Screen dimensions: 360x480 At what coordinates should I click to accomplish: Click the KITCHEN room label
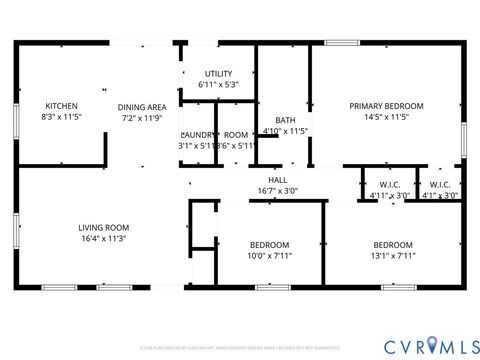pos(61,105)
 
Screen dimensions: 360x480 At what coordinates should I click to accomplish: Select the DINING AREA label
pos(143,106)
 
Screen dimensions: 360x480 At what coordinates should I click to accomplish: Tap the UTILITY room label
pos(218,73)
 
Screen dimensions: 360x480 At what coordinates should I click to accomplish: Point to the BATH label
pos(285,120)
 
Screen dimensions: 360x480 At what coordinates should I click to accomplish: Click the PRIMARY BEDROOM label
pos(386,105)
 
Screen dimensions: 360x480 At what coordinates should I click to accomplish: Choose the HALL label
pos(277,180)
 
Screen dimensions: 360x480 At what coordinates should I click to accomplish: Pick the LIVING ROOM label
pos(105,227)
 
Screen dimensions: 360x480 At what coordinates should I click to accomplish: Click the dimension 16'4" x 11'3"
pos(105,238)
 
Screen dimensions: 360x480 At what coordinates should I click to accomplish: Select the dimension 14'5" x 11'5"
pos(386,116)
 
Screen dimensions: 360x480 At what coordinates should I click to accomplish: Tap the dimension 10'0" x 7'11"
pos(270,255)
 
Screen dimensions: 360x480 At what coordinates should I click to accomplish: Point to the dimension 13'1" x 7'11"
pos(394,255)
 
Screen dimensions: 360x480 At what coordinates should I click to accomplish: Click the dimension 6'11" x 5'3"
pos(218,84)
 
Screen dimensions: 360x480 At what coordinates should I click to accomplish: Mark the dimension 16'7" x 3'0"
pos(277,191)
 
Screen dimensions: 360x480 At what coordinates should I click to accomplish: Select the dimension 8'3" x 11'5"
pos(61,117)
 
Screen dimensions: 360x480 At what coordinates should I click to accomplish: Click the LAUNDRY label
pos(196,135)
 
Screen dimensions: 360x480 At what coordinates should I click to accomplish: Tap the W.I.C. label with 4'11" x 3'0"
pos(390,185)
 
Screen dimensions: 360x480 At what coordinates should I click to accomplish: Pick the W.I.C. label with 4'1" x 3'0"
pos(440,185)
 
